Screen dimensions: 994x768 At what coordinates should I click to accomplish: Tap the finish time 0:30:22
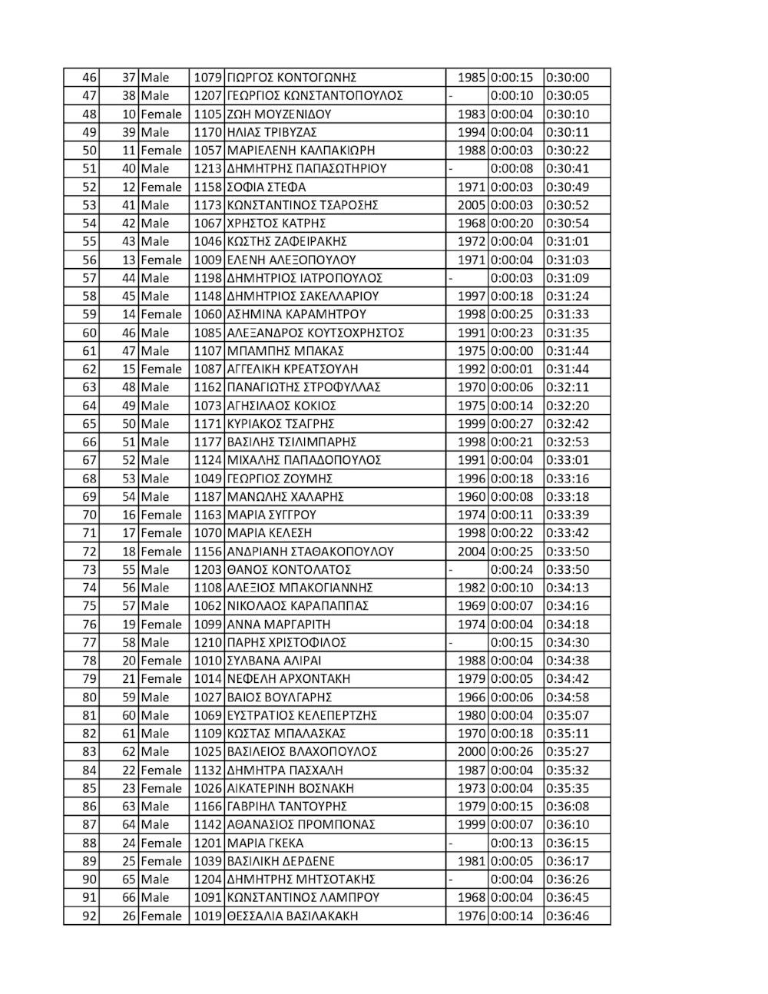click(x=568, y=151)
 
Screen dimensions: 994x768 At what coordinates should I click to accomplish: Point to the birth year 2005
click(x=472, y=205)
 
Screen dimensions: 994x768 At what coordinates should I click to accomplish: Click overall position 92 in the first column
click(x=89, y=916)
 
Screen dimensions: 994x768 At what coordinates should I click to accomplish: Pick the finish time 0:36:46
click(x=568, y=916)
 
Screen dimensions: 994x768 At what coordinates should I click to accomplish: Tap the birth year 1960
click(x=472, y=497)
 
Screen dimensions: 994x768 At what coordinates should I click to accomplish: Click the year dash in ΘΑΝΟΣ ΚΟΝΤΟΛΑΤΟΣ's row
click(x=452, y=570)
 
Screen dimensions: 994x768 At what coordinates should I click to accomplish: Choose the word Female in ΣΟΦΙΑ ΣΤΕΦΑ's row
click(x=161, y=187)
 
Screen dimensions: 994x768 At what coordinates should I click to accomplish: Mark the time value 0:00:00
click(x=511, y=351)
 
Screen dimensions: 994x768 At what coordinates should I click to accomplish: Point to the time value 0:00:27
click(x=511, y=424)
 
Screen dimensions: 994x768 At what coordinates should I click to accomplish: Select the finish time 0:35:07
click(x=568, y=715)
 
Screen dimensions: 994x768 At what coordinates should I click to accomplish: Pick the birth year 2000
click(x=472, y=752)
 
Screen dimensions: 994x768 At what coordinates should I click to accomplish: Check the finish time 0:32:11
click(x=568, y=387)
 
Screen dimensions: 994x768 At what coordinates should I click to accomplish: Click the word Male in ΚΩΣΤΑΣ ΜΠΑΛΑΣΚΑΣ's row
click(x=155, y=734)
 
